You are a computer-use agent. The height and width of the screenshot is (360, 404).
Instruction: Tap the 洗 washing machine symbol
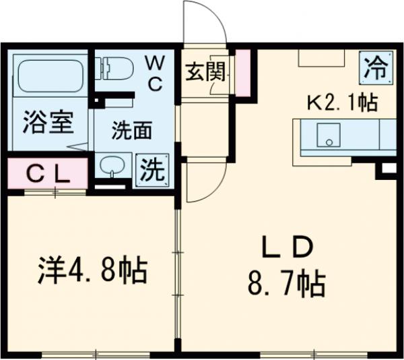151,168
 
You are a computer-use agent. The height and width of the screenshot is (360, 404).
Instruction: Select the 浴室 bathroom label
48,126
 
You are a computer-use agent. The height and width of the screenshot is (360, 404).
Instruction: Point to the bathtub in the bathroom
48,77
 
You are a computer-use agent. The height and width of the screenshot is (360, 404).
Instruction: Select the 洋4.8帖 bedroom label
91,270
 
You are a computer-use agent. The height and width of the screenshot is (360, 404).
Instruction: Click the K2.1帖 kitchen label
341,102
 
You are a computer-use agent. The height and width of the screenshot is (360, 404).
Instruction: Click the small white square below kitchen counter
389,169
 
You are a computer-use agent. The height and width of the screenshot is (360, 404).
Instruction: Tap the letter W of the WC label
155,63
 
